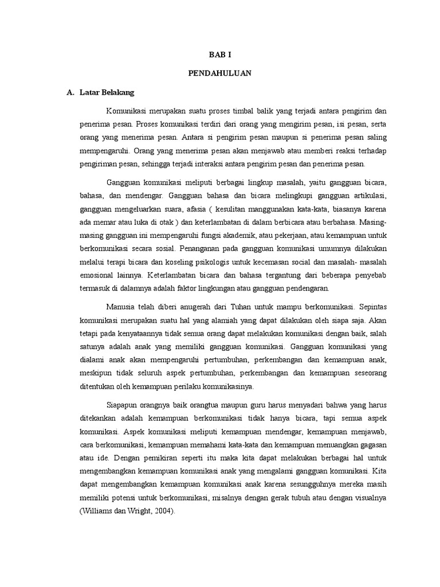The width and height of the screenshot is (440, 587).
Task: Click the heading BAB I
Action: click(221, 54)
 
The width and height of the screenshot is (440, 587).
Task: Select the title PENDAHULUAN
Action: click(221, 73)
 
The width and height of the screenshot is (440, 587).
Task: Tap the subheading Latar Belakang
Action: click(107, 92)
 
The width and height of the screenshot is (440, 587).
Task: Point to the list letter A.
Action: click(70, 92)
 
